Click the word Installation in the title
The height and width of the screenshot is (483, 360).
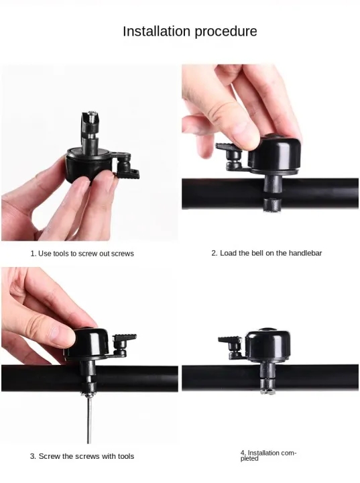pos(156,31)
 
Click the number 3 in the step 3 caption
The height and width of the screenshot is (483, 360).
pos(32,456)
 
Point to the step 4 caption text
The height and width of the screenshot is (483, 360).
pos(268,455)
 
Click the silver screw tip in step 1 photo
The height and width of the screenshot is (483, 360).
pos(91,114)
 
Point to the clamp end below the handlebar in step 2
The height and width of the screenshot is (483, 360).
pos(272,205)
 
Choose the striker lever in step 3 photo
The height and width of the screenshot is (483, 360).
pos(123,345)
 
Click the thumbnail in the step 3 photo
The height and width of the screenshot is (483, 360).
pos(63,336)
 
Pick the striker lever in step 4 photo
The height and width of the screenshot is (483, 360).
pos(231,347)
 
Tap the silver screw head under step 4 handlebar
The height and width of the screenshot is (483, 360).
pos(267,392)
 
